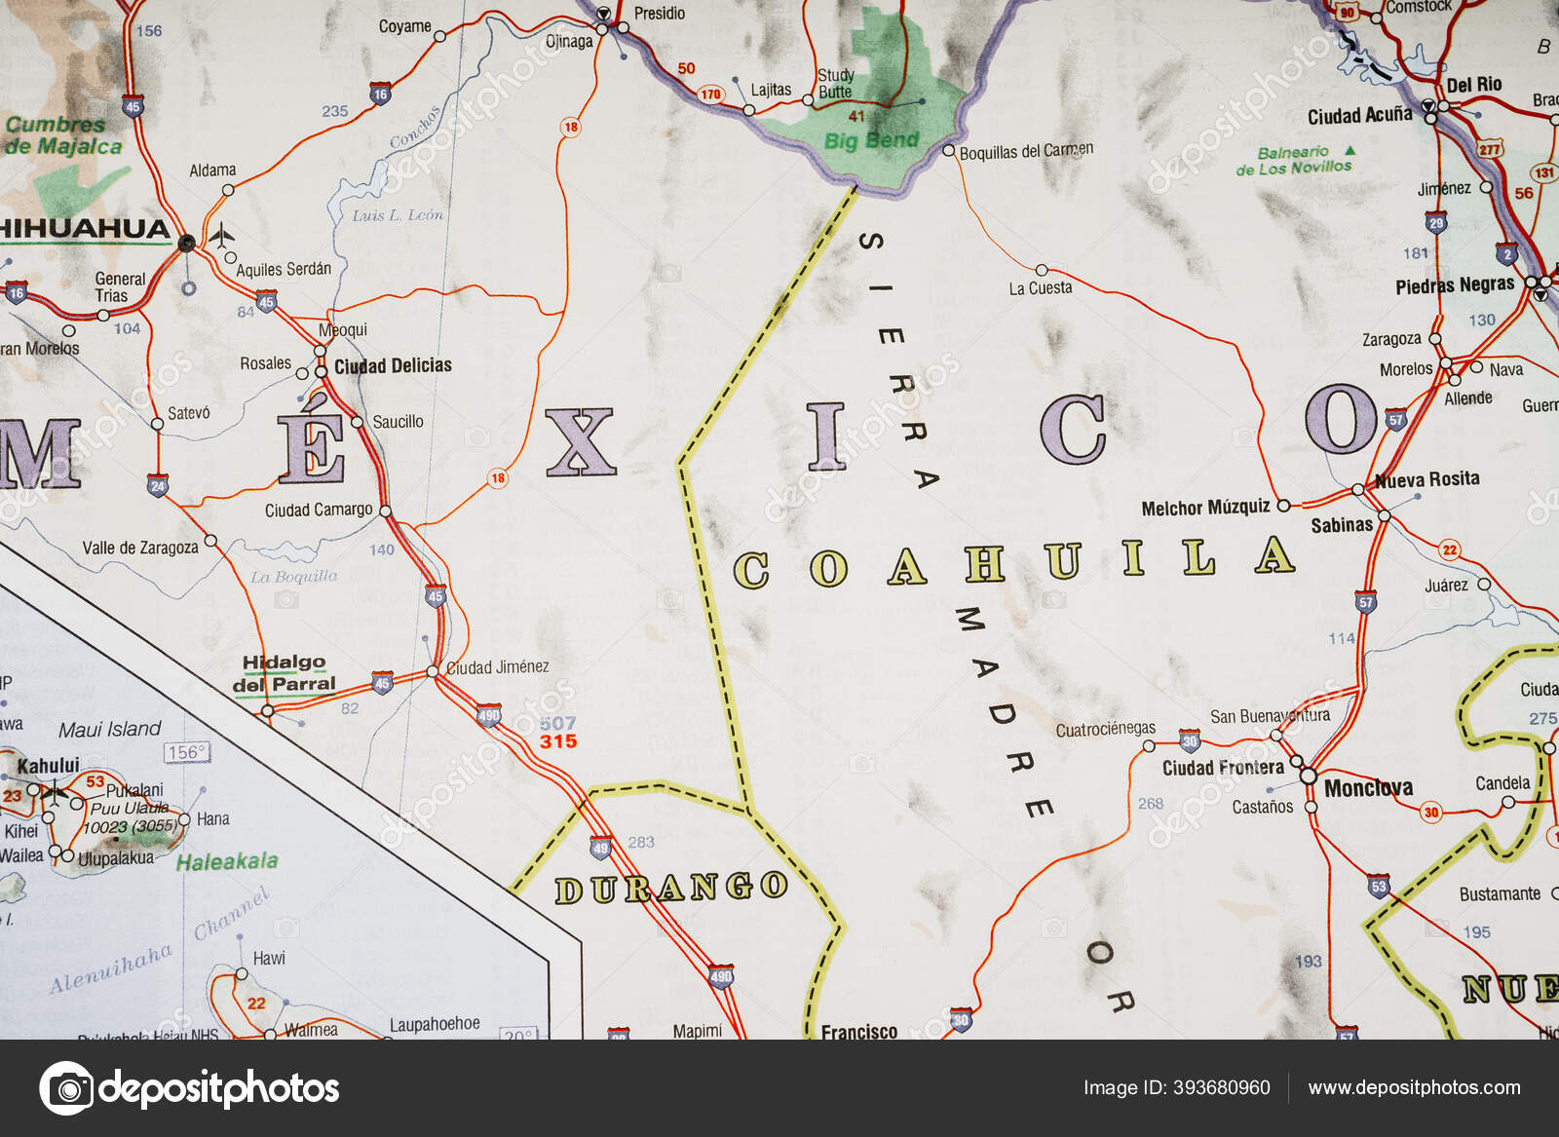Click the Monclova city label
[x=1368, y=787]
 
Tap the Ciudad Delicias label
[x=393, y=365]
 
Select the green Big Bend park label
[x=871, y=140]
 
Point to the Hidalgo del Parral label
[x=284, y=673]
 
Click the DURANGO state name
[x=670, y=888]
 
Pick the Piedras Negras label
[x=1455, y=285]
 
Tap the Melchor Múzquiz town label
[x=1205, y=508]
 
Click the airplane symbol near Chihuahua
[x=222, y=235]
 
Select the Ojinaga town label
[x=569, y=41]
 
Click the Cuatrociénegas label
[x=1105, y=729]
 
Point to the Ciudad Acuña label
[x=1359, y=116]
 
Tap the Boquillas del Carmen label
[x=1026, y=152]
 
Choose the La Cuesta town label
[x=1040, y=288]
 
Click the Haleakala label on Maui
[x=227, y=861]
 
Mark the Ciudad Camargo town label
[x=319, y=510]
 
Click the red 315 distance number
[x=558, y=741]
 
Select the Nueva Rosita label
[x=1426, y=479]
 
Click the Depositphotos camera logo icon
[x=66, y=1087]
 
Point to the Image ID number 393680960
[x=1221, y=1087]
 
